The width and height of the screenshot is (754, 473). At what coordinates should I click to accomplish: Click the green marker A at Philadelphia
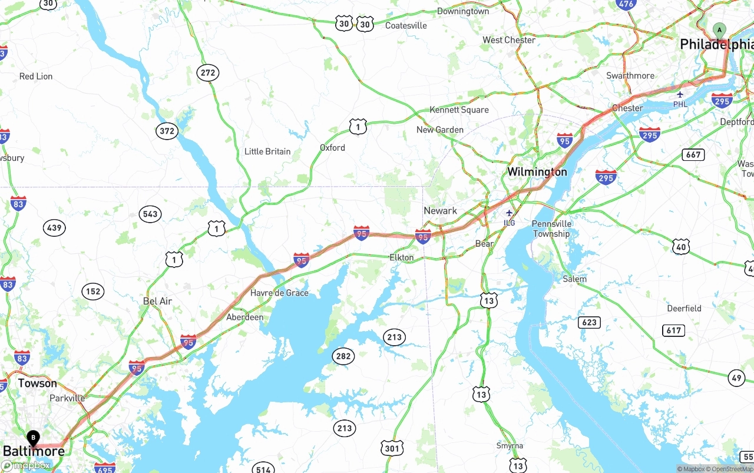(719, 31)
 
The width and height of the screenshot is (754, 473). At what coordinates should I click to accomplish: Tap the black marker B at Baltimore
(34, 438)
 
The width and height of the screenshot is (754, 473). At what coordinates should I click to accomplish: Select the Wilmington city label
(537, 172)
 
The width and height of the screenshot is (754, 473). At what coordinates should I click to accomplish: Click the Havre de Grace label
(279, 293)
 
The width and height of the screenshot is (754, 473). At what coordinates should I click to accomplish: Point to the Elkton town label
(402, 257)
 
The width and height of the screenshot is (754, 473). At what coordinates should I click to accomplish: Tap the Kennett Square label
(459, 110)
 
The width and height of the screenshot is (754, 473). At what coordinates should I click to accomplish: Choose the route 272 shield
(207, 73)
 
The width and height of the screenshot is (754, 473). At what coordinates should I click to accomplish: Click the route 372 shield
(167, 131)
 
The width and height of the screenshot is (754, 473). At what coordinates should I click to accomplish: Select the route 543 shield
(150, 214)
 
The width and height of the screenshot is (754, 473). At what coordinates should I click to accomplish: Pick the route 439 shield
(54, 227)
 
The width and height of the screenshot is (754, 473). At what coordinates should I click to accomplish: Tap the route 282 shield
(343, 356)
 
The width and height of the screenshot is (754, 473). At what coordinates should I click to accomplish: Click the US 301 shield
(392, 448)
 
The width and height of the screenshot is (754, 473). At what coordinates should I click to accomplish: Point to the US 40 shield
(681, 247)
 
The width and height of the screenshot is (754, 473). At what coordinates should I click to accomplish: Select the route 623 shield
(590, 322)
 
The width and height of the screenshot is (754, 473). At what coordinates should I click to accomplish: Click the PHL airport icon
(680, 95)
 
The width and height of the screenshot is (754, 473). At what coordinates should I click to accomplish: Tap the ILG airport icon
(510, 213)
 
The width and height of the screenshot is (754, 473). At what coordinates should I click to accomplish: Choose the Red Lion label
(36, 77)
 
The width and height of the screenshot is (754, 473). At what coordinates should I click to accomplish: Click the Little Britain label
(267, 151)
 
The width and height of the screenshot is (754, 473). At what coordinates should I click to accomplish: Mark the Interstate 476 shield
(626, 4)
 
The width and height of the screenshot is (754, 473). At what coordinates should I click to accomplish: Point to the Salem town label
(574, 279)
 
